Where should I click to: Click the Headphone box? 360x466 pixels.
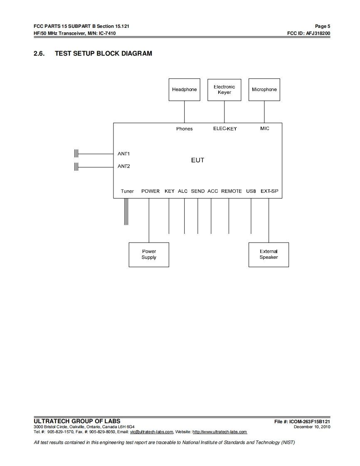tap(184, 90)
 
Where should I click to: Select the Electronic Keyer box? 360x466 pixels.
tap(224, 90)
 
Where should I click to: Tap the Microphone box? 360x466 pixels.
tap(264, 90)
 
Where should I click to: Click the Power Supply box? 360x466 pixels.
tap(149, 255)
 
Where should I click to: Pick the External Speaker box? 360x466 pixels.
tap(269, 255)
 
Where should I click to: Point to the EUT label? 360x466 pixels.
tap(197, 160)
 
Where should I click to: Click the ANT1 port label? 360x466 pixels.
tap(124, 154)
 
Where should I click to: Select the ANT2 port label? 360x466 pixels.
tap(124, 167)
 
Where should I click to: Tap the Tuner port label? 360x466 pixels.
tap(127, 191)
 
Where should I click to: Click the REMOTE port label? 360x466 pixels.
tap(231, 191)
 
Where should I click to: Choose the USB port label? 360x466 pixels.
tap(251, 191)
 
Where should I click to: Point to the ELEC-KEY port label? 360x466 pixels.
tap(225, 129)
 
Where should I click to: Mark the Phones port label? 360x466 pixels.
tap(184, 129)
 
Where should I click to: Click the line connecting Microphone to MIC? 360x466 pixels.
tap(264, 112)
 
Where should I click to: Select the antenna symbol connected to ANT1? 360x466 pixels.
tap(76, 154)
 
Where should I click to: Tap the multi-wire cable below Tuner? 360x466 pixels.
tap(126, 212)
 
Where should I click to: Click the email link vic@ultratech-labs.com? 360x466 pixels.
tap(151, 432)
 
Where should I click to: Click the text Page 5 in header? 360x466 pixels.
tap(323, 26)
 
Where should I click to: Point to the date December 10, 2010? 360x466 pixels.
tap(312, 427)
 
